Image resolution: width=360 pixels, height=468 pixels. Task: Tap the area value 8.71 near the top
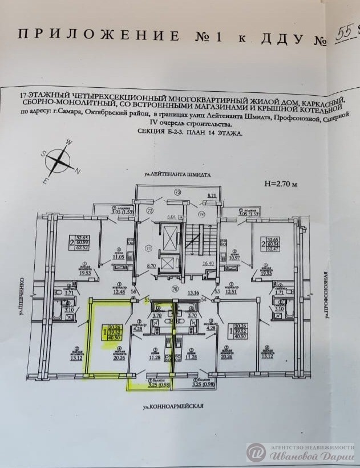coord(212,196)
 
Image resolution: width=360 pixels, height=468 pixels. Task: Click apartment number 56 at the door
coord(134,292)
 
